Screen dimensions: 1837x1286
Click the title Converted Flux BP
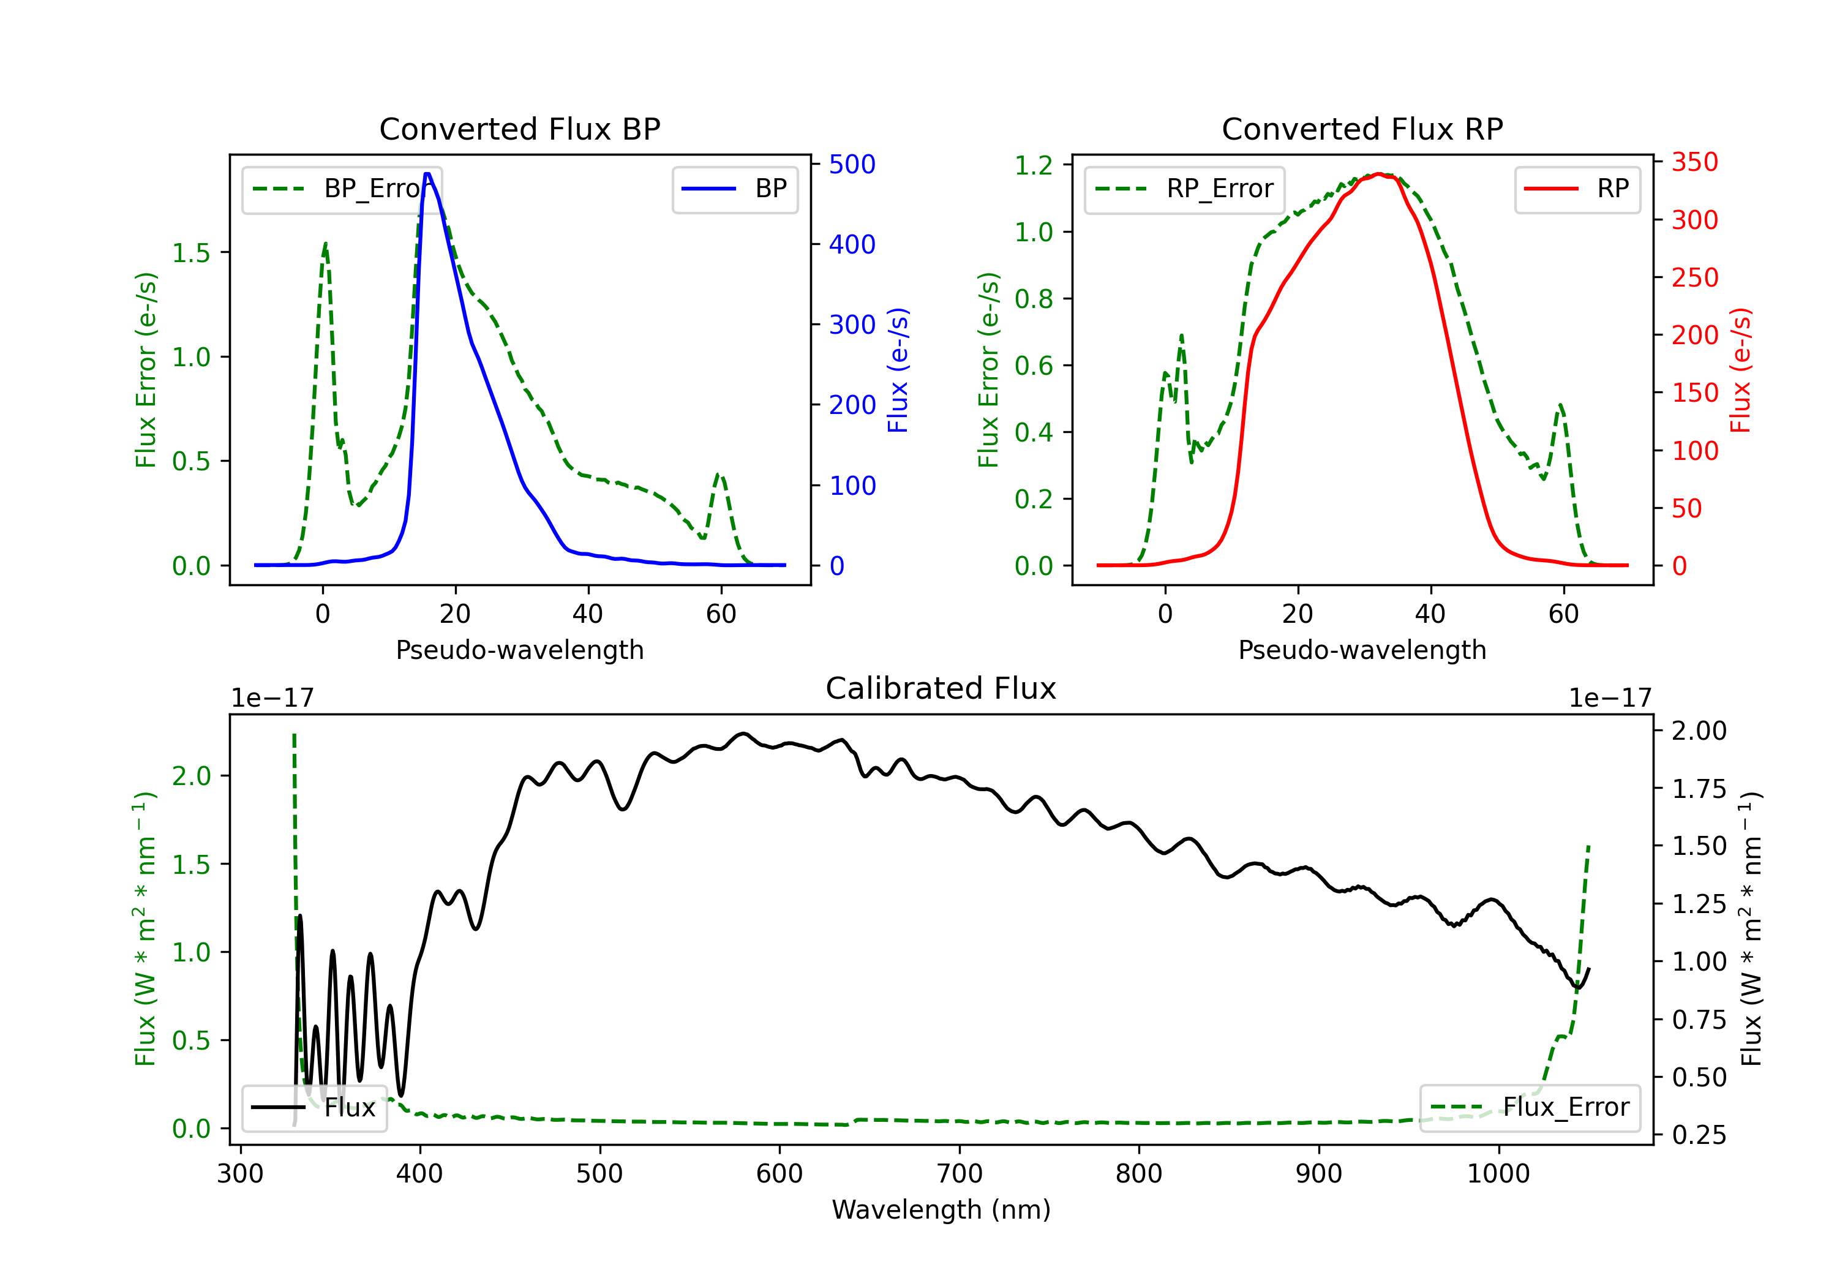click(x=519, y=129)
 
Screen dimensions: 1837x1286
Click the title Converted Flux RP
click(x=1362, y=129)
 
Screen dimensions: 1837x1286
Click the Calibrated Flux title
click(x=941, y=688)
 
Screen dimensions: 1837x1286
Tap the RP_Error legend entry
click(x=1184, y=189)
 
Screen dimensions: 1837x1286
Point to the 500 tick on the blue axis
click(x=852, y=164)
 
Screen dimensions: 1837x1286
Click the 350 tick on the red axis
click(x=1694, y=162)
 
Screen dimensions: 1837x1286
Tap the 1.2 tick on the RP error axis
click(x=1034, y=166)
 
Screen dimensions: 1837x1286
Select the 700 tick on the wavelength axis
click(x=960, y=1174)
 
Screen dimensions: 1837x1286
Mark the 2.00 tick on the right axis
click(x=1699, y=731)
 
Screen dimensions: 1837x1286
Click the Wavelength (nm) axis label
click(x=941, y=1209)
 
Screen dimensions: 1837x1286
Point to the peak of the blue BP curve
click(x=427, y=174)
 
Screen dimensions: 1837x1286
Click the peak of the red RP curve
click(x=1378, y=174)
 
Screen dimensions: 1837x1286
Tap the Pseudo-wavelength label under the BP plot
click(x=519, y=650)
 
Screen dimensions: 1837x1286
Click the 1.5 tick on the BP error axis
click(x=191, y=253)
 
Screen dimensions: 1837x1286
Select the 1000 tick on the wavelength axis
click(x=1498, y=1174)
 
